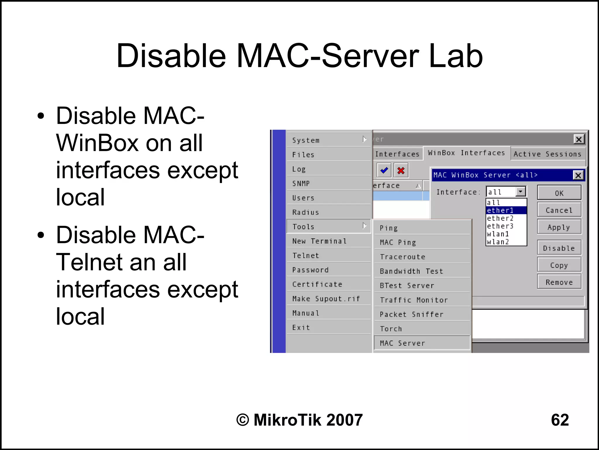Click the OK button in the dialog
559,193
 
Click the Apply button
559,227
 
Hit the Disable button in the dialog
559,248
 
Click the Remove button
559,282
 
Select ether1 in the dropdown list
506,210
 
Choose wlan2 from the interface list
506,242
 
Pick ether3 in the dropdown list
506,226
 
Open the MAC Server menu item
422,343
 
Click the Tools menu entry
328,226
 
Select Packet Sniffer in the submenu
422,314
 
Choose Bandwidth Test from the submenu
422,271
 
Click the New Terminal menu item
328,241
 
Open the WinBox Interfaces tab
467,153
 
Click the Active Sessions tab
548,154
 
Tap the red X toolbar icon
401,170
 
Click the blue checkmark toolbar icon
384,170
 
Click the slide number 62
560,420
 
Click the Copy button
559,265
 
